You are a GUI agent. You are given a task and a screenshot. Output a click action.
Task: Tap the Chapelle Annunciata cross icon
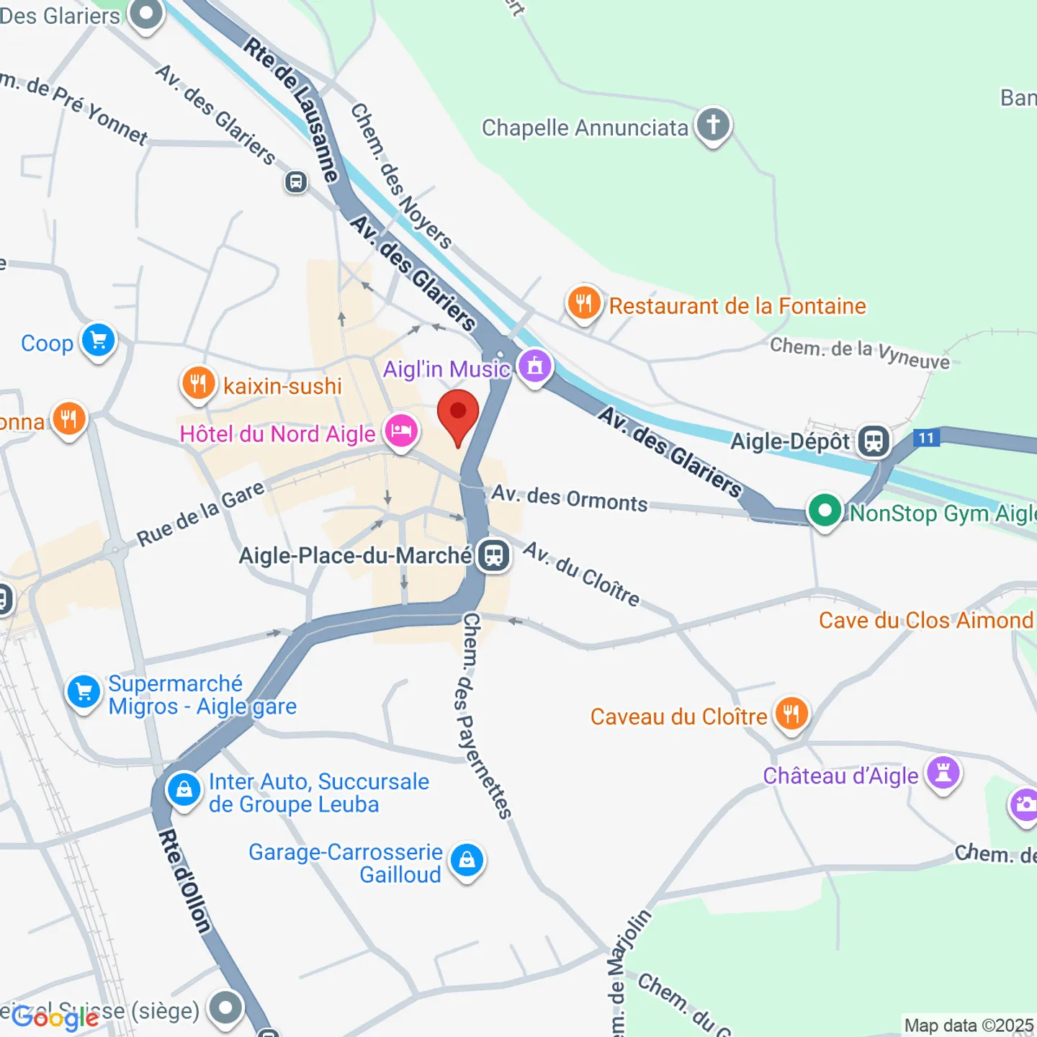pyautogui.click(x=713, y=125)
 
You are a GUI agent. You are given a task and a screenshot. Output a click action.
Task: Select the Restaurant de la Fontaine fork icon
pyautogui.click(x=583, y=304)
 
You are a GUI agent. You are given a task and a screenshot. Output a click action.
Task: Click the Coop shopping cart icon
pyautogui.click(x=99, y=341)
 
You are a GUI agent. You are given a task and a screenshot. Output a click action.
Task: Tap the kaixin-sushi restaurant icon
pyautogui.click(x=198, y=384)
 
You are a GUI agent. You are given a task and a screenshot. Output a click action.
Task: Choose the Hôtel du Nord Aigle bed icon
pyautogui.click(x=401, y=432)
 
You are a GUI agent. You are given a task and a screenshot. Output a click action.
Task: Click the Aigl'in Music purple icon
pyautogui.click(x=534, y=367)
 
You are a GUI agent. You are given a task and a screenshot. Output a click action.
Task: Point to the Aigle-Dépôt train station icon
pyautogui.click(x=874, y=441)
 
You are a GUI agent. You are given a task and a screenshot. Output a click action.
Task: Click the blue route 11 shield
pyautogui.click(x=926, y=438)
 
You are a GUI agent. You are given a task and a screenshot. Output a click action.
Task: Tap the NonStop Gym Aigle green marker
pyautogui.click(x=825, y=511)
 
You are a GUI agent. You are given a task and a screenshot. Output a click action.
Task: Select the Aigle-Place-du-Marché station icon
pyautogui.click(x=494, y=555)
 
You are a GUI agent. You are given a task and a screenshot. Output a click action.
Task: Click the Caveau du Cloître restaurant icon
pyautogui.click(x=791, y=714)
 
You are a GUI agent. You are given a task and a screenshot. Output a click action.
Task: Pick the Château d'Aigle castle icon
pyautogui.click(x=943, y=774)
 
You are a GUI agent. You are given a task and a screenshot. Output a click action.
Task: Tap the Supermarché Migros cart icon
pyautogui.click(x=84, y=692)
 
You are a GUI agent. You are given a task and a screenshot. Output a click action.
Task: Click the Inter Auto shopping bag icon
pyautogui.click(x=184, y=790)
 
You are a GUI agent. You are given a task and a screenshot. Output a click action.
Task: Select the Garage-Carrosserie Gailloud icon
pyautogui.click(x=467, y=861)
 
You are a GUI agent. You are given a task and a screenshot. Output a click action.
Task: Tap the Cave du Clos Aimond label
pyautogui.click(x=925, y=620)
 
